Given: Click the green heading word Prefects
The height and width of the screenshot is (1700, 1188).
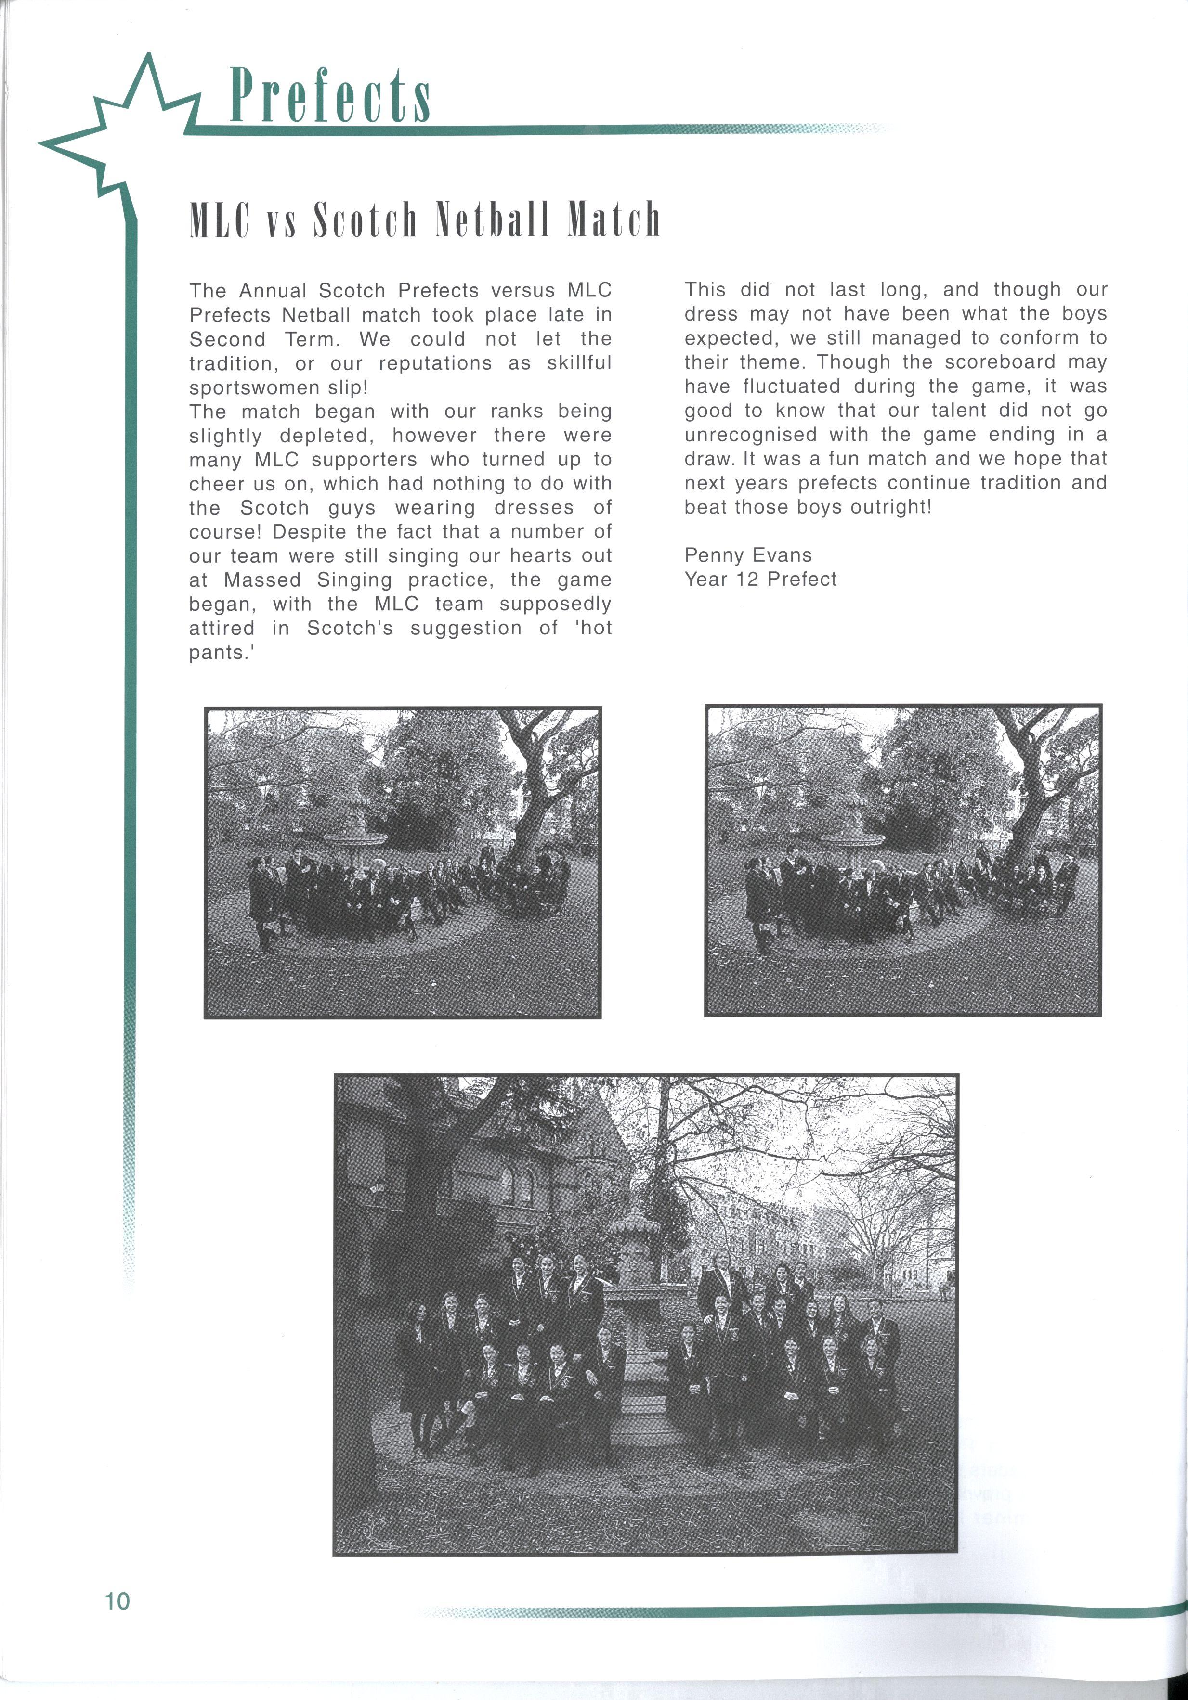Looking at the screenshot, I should [329, 96].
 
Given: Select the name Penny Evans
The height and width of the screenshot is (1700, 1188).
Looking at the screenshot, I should [747, 555].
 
